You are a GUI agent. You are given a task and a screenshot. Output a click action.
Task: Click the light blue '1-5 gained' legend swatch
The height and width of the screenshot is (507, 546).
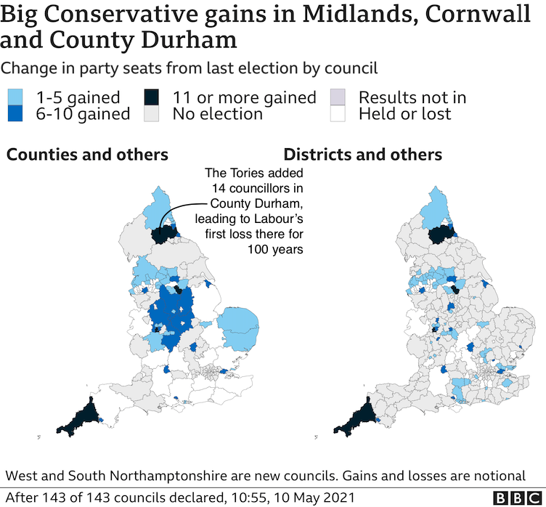point(15,97)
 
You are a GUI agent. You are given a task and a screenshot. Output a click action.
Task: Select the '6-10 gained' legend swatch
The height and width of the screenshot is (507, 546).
point(15,113)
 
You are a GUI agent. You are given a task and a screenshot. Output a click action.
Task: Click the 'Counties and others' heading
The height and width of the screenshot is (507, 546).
point(88,155)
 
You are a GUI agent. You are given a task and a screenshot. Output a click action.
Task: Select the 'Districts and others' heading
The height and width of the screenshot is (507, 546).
point(362,155)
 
